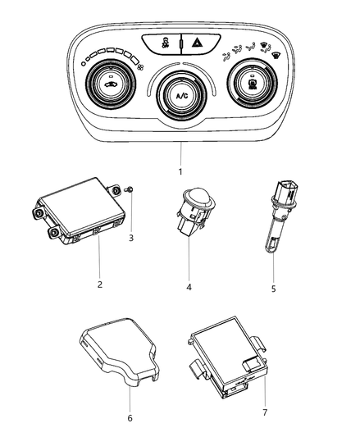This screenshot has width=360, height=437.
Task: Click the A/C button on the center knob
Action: (x=181, y=96)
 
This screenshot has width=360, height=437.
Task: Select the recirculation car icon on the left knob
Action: (x=111, y=84)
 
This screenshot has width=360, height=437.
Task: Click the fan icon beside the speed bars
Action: (x=141, y=67)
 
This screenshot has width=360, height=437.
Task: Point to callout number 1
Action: (x=180, y=171)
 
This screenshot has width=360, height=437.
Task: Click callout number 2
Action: (x=99, y=285)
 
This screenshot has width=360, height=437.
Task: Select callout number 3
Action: (x=130, y=238)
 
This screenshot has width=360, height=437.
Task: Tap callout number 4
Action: (x=189, y=287)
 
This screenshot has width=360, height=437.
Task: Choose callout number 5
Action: (x=273, y=289)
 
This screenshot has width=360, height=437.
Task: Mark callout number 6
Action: (x=130, y=418)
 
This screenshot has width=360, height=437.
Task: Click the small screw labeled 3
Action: (x=129, y=189)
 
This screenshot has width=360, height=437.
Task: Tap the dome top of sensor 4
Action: (x=198, y=193)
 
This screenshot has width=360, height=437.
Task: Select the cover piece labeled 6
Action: (x=119, y=351)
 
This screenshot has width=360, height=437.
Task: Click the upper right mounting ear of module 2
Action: (x=114, y=190)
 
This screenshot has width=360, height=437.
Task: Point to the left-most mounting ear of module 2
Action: (x=38, y=212)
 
